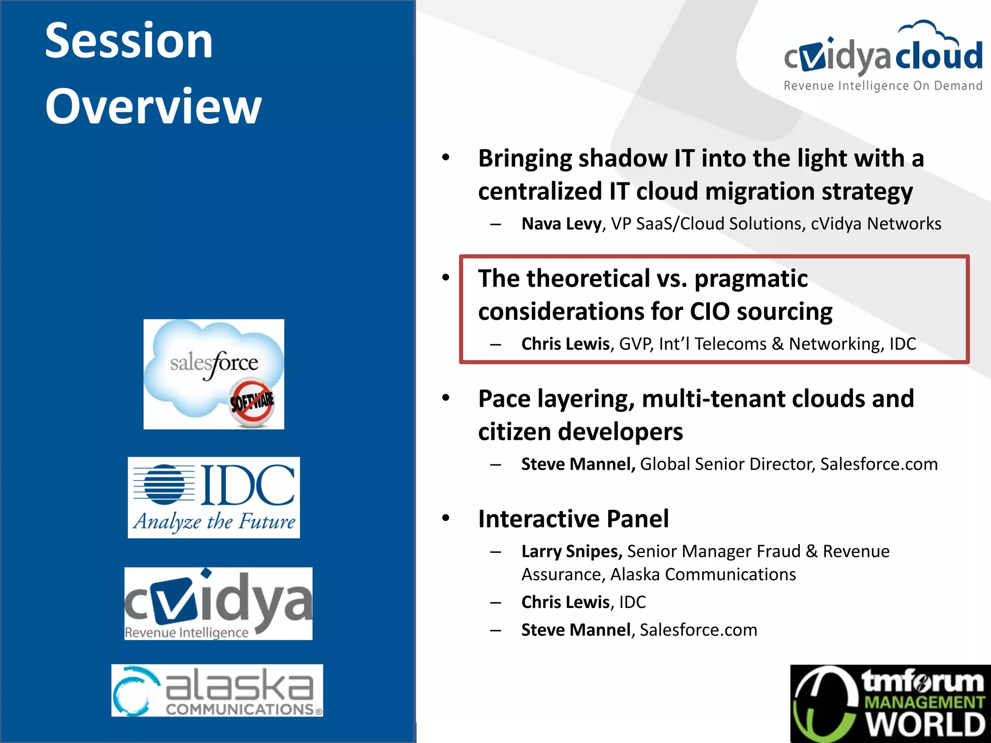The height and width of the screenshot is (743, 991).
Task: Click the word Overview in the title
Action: tap(153, 106)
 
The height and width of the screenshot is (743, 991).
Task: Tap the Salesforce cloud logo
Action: tap(213, 373)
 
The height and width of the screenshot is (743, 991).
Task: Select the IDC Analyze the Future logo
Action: tap(213, 497)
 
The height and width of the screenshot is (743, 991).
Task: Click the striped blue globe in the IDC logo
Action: tap(165, 485)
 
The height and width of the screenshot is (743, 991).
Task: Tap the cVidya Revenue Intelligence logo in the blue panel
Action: tap(218, 603)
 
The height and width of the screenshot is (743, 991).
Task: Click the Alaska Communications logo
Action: tap(217, 690)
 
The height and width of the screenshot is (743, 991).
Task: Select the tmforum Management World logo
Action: tap(890, 704)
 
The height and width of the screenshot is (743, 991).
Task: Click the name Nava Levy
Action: tap(561, 224)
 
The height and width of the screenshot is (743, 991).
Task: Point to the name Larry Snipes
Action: tap(571, 551)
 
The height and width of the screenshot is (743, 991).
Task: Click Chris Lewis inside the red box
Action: tap(565, 344)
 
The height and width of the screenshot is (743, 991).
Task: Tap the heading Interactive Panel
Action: tap(573, 519)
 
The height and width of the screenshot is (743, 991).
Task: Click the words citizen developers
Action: tap(580, 431)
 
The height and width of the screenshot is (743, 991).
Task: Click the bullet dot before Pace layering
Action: tap(446, 398)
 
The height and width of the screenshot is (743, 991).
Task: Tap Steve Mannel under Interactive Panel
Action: tap(576, 630)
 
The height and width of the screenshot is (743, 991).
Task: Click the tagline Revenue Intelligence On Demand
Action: tap(883, 86)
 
